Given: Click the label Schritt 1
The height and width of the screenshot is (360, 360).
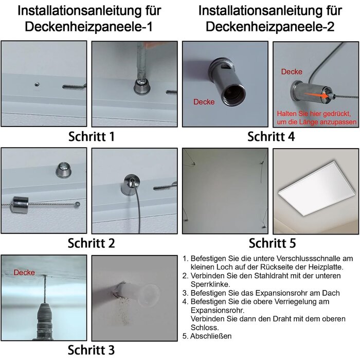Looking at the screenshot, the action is click(x=92, y=137).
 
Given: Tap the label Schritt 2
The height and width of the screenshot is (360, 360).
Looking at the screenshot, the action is click(x=92, y=243).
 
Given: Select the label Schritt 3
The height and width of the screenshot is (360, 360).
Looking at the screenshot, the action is click(x=91, y=350).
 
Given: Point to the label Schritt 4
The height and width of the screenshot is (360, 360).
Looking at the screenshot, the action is click(x=271, y=137).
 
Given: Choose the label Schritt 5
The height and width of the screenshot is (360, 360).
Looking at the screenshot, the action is click(x=272, y=243).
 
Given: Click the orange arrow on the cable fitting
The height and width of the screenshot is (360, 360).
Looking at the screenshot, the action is click(x=316, y=95).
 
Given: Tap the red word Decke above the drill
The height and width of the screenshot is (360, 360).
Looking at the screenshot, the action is click(x=24, y=273).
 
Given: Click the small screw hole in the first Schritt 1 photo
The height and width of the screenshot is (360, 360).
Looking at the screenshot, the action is click(x=37, y=84).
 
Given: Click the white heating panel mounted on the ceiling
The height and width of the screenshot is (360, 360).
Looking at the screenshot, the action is click(x=317, y=188).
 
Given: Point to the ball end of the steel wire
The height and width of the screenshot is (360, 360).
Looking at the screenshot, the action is click(x=78, y=204).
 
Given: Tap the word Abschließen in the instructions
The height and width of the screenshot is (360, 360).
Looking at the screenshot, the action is click(x=211, y=336).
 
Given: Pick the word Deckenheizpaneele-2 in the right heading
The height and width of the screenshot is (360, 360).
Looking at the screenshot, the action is click(x=270, y=27).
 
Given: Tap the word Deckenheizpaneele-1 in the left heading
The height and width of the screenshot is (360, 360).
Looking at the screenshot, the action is click(x=88, y=27).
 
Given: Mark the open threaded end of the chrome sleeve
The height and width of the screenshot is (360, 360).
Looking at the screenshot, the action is click(x=233, y=95).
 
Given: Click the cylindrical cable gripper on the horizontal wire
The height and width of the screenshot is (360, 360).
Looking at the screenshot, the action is click(x=21, y=205).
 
